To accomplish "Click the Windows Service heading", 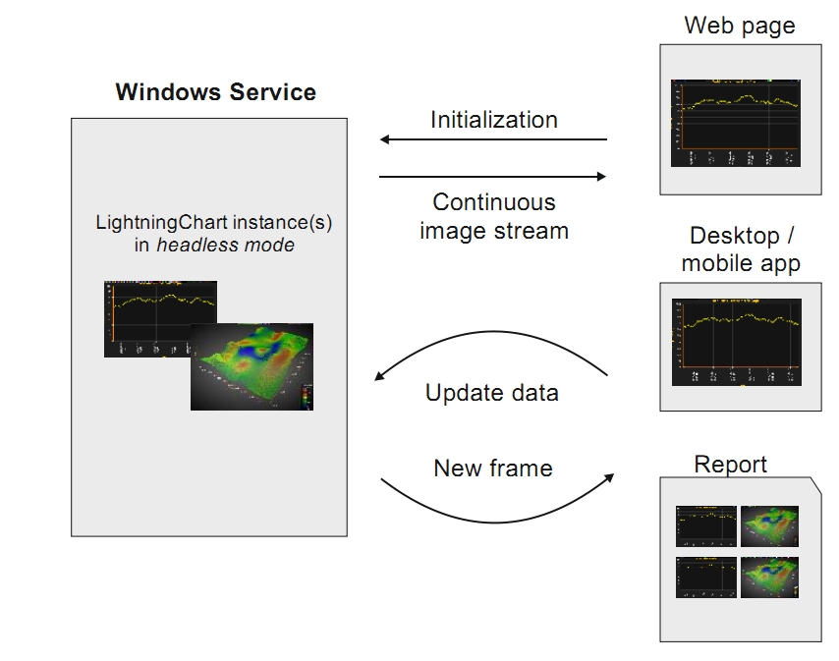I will [x=215, y=92].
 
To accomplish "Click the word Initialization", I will [x=493, y=120].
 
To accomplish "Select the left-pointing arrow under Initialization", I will [x=493, y=139].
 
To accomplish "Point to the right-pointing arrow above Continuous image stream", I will [x=493, y=177].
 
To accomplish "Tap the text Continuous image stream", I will [x=493, y=217].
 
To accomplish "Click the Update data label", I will [x=491, y=393].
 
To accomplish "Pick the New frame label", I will [x=492, y=468].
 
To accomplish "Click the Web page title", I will [x=739, y=26].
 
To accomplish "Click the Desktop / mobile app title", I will [x=740, y=249].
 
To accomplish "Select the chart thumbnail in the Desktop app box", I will [x=736, y=343].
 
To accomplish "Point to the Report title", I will [x=730, y=465].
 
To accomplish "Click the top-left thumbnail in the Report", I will [x=706, y=525].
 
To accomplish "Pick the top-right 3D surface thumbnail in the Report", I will [x=769, y=525].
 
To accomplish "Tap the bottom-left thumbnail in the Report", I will [x=706, y=578].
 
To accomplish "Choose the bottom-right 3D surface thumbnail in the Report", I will [x=769, y=578].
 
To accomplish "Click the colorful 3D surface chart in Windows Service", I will [x=252, y=366].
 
